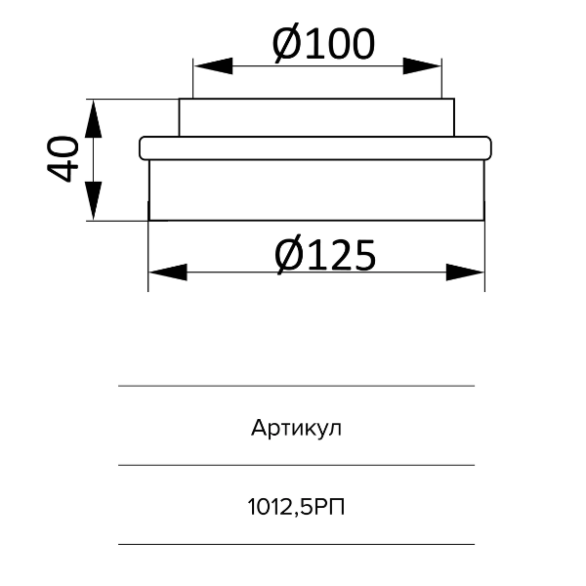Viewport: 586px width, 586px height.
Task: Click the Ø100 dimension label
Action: pos(322,44)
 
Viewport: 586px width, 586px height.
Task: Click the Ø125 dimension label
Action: pos(324,256)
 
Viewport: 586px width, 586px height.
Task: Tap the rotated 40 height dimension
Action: pos(63,159)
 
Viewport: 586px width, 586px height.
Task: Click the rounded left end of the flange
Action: pos(144,147)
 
